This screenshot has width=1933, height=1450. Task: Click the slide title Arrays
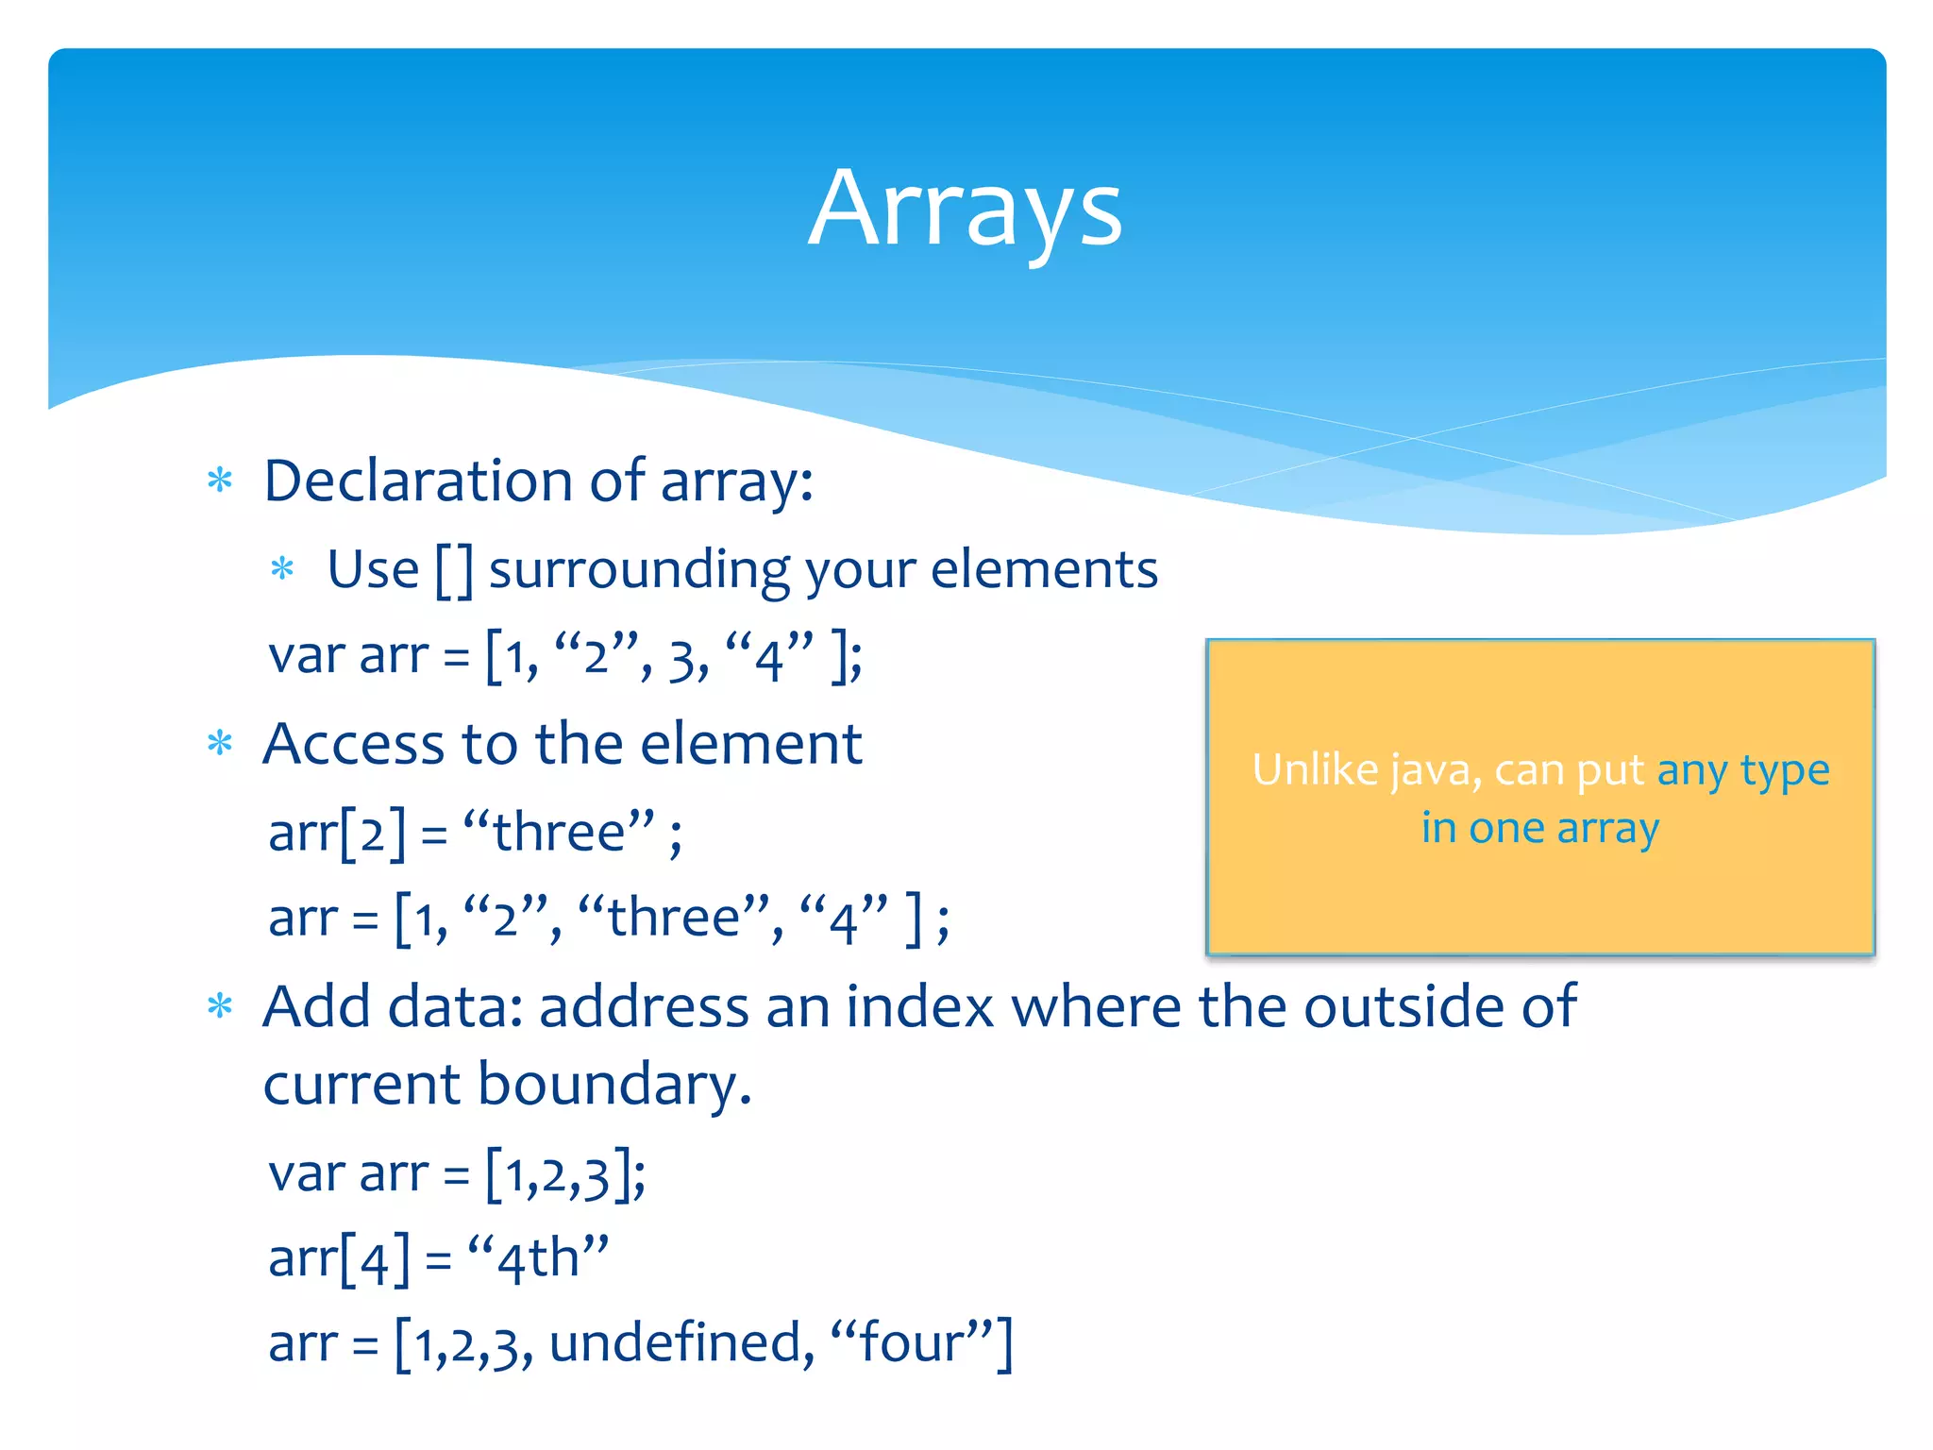[x=965, y=210]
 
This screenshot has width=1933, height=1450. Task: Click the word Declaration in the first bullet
[x=418, y=481]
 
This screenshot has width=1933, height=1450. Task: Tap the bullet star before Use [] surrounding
[x=282, y=569]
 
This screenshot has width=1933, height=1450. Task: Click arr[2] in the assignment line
[x=337, y=833]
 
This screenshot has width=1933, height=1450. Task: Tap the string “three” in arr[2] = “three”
[x=559, y=833]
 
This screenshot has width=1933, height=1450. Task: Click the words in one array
[x=1540, y=829]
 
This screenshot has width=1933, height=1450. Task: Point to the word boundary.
[x=614, y=1084]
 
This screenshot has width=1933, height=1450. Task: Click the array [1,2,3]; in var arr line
[x=565, y=1175]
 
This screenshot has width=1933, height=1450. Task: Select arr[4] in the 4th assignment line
[x=339, y=1259]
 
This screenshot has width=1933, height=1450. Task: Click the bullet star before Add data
[x=220, y=1007]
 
